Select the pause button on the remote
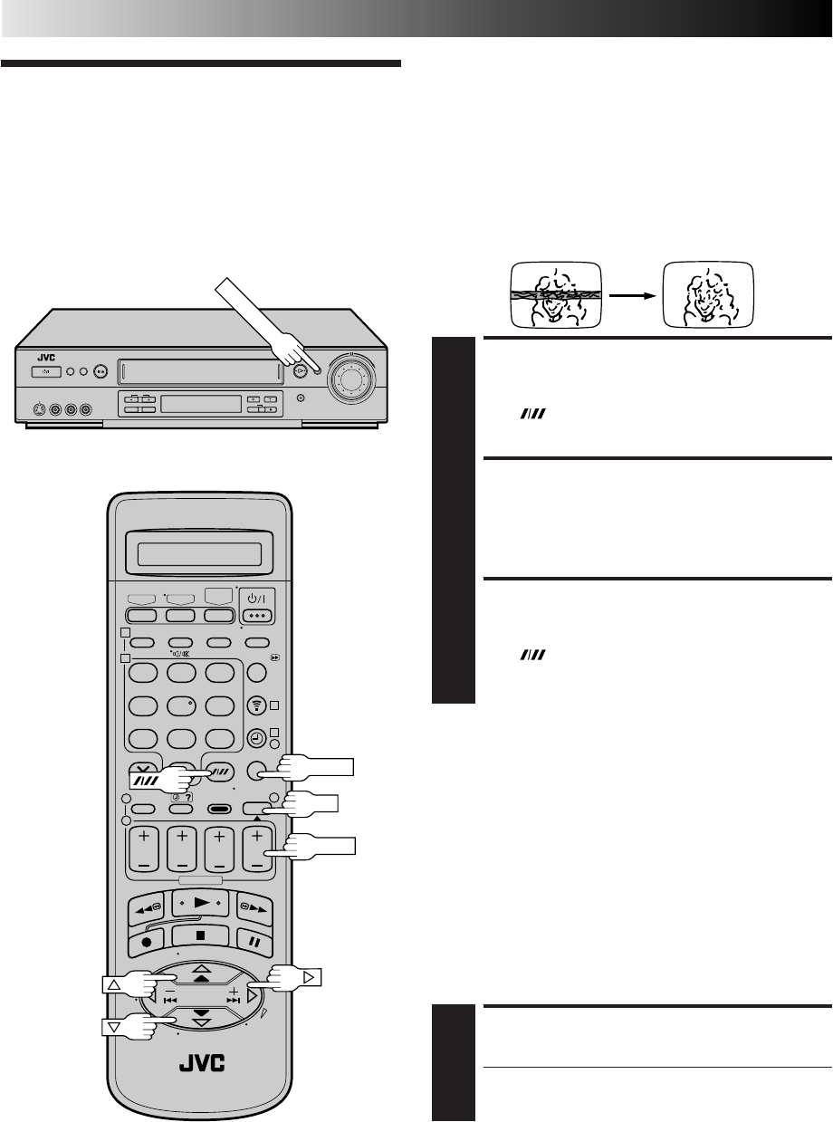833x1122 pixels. pos(255,940)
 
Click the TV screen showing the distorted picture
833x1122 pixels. pos(548,293)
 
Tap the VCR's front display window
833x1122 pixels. pos(200,404)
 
